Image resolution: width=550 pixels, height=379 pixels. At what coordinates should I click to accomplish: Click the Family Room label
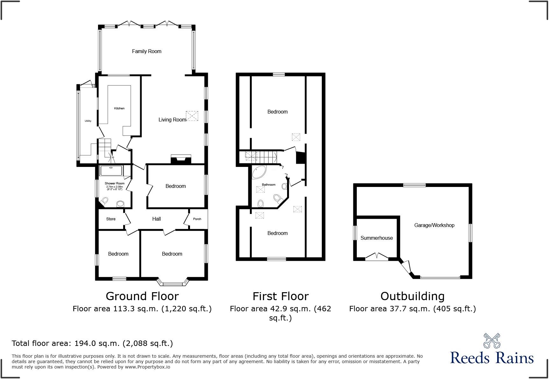pos(146,51)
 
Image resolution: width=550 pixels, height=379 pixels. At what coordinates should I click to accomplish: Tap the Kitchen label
pos(119,108)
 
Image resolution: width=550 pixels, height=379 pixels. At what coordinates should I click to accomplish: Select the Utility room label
pos(88,121)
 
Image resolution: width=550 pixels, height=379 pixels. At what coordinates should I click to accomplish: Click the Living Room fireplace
pos(181,159)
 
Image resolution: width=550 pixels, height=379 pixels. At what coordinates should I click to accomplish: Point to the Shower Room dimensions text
pos(114,188)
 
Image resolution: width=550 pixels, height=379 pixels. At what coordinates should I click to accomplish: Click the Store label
pos(111,219)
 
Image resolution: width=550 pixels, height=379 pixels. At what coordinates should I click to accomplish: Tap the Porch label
pos(197,219)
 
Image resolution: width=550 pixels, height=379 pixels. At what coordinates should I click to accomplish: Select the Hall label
pos(156,219)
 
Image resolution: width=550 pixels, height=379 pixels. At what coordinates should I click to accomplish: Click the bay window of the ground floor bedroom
pos(173,282)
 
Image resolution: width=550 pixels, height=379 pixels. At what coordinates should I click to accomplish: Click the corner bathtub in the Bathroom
pos(258,172)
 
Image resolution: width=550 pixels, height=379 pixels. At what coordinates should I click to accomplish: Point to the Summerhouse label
pos(377,238)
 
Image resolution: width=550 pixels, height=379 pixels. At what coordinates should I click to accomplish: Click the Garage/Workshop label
pos(434,225)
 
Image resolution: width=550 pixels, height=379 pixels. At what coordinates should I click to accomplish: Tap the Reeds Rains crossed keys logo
pos(491,341)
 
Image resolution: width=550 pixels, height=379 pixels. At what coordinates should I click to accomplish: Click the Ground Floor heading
pos(142,296)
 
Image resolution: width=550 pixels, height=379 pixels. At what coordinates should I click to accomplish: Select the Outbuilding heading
pos(412,296)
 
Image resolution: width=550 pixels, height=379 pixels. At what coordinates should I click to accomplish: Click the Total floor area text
pos(92,343)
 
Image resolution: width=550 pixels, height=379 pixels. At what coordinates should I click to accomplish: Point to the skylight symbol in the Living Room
pos(192,116)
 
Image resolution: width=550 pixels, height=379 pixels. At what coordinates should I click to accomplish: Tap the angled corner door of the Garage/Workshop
pos(406,266)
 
